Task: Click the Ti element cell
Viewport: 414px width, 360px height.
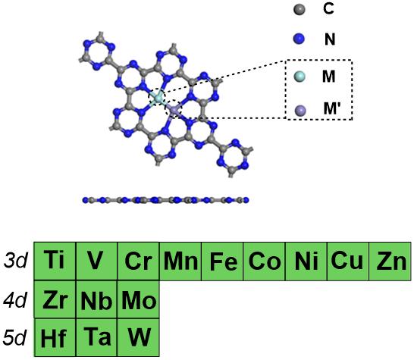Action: coord(55,261)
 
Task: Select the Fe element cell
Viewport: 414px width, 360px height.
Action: coord(222,261)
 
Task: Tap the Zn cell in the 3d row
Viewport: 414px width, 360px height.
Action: coord(390,261)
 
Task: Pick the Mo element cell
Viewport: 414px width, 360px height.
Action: coord(138,299)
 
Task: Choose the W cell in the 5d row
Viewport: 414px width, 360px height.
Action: coord(138,337)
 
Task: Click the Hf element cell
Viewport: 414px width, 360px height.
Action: coord(55,337)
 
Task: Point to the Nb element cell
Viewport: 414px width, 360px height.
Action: coord(96,299)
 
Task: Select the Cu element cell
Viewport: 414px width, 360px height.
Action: coord(348,261)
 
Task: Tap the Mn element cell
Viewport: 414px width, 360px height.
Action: coord(180,261)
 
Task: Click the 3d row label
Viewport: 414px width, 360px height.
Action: coord(16,261)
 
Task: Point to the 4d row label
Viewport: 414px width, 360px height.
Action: coord(15,300)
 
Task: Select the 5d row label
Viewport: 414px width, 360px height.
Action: coord(15,337)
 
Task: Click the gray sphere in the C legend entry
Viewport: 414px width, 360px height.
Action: coord(300,10)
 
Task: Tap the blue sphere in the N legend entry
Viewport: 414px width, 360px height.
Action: coord(299,39)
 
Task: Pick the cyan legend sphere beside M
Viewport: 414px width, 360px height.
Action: coord(300,77)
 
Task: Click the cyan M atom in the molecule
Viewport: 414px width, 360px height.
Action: coord(158,99)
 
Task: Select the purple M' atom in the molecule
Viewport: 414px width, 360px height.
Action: coord(174,108)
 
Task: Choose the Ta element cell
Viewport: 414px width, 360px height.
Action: coord(96,337)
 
